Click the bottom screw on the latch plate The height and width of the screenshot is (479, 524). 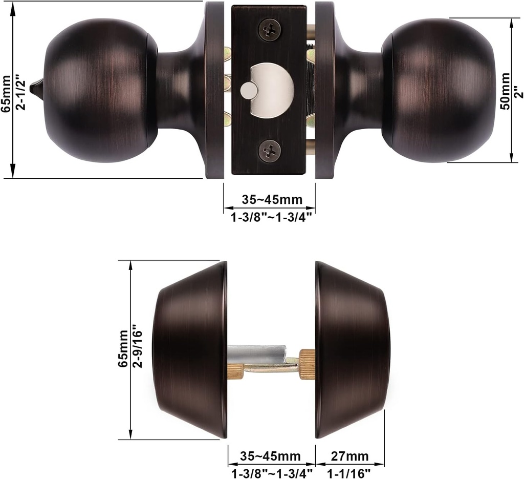click(x=269, y=151)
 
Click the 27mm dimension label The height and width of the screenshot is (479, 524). click(x=350, y=456)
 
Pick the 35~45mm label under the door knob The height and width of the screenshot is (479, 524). click(x=271, y=199)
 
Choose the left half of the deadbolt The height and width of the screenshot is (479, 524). click(x=190, y=349)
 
